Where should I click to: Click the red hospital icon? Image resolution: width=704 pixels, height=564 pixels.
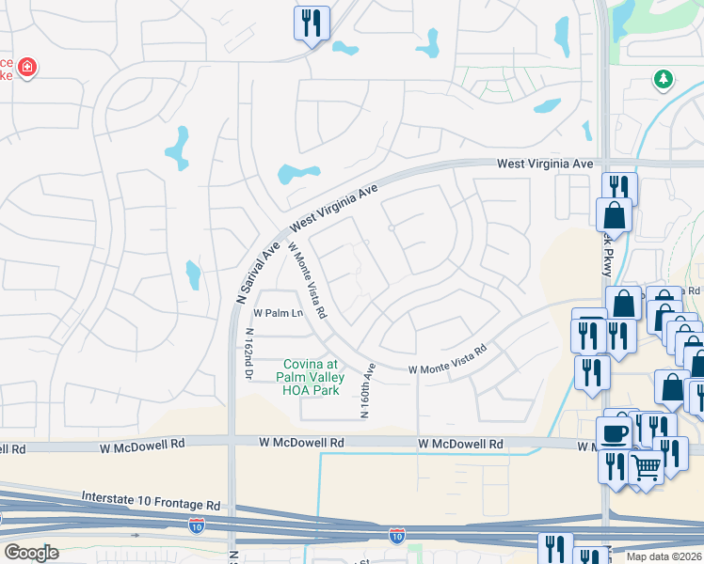tap(27, 67)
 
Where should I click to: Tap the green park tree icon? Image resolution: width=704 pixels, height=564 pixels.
tap(664, 80)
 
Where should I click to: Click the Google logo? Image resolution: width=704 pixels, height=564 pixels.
tap(31, 553)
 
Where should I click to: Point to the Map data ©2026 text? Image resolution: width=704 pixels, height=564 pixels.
tap(664, 556)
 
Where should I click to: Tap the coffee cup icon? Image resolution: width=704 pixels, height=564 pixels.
tap(614, 433)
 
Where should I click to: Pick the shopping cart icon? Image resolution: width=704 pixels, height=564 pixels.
tap(646, 466)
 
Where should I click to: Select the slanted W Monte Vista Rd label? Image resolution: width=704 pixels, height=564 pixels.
tap(308, 280)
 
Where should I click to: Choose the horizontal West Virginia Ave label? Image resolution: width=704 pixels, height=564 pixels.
tap(545, 164)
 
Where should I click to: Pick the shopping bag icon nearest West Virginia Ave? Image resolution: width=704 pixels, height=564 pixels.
tap(614, 215)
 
